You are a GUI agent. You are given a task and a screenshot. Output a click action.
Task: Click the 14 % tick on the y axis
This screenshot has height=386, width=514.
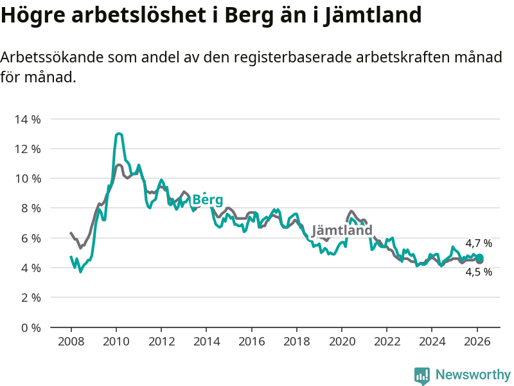click(x=28, y=119)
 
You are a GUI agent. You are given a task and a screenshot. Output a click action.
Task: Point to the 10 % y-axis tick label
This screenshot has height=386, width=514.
click(x=28, y=178)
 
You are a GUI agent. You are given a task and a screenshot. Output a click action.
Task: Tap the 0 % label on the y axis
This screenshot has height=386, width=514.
click(x=31, y=327)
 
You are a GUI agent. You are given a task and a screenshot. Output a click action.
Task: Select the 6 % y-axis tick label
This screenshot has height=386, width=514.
click(x=31, y=238)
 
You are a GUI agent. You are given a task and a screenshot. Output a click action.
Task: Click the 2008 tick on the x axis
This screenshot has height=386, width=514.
click(x=71, y=341)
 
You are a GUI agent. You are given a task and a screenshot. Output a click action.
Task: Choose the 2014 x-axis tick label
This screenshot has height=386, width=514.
click(x=206, y=341)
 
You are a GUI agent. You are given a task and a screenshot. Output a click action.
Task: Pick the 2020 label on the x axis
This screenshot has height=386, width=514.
click(x=342, y=341)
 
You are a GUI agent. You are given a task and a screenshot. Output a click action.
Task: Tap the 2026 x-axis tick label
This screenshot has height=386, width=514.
click(x=477, y=341)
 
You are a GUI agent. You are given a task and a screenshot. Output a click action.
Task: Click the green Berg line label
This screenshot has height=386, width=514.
click(x=208, y=199)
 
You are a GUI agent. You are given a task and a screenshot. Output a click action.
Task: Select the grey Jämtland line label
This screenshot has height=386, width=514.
click(x=342, y=230)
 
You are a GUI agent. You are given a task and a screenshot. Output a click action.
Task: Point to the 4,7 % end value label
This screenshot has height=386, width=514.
click(x=479, y=243)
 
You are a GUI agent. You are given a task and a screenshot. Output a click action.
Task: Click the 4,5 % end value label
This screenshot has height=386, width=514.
click(x=479, y=272)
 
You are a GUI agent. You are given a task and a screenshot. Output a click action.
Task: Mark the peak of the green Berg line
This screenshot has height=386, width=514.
click(x=119, y=134)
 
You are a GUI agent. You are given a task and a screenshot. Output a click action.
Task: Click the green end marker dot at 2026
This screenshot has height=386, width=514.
click(x=479, y=259)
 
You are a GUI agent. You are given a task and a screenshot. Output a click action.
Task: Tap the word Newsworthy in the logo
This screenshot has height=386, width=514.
click(x=473, y=374)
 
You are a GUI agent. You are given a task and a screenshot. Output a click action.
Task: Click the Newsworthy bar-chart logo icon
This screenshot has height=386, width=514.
click(x=422, y=375)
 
